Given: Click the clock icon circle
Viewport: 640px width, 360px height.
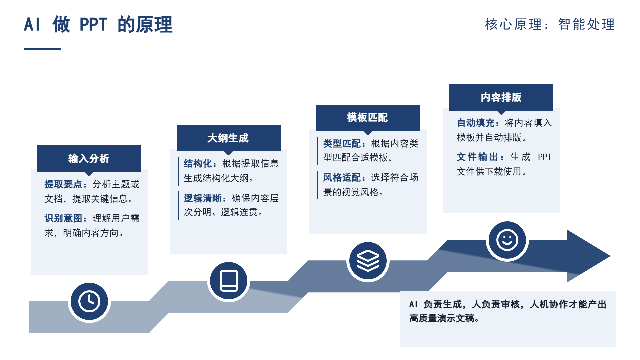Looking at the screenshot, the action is (89, 302).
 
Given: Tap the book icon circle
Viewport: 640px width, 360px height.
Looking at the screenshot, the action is (229, 281).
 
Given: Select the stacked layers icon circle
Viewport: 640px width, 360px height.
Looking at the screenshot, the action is (368, 261).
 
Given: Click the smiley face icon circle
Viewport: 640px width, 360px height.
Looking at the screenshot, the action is (507, 240).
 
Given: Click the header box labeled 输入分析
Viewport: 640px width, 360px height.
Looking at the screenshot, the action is (89, 159).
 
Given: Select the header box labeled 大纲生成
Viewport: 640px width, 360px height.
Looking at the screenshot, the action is (229, 138).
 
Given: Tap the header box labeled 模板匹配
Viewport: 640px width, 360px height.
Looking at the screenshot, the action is (368, 118).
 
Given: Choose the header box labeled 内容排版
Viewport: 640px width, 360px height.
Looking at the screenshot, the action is (501, 97).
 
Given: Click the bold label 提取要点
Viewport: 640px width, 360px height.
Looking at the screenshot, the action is (63, 184).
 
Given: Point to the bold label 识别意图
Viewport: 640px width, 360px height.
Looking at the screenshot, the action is (63, 218).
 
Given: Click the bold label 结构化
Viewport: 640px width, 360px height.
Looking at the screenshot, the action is (198, 164).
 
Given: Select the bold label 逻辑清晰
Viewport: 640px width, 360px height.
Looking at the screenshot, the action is (203, 198).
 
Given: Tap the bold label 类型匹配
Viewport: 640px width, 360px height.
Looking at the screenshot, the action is (342, 144).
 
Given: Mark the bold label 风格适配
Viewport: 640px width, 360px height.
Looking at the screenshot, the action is (342, 178).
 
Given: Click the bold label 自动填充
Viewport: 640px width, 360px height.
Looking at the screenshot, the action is (476, 123).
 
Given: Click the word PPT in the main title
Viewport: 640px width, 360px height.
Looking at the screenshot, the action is (93, 24).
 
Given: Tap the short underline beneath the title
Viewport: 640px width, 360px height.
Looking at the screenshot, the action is (43, 49).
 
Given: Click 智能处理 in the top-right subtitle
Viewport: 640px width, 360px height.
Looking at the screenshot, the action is (587, 24).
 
